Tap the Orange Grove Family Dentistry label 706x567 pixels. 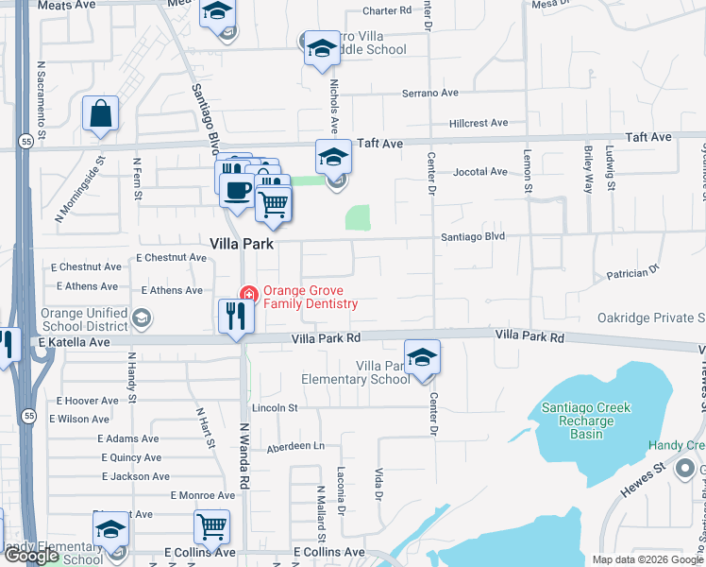click(x=310, y=298)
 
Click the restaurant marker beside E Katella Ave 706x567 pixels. click(x=236, y=316)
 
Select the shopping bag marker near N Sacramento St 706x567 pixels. click(x=100, y=114)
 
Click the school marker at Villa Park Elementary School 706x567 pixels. click(x=422, y=357)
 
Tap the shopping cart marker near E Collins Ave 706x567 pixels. click(x=212, y=526)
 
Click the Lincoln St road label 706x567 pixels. click(x=274, y=408)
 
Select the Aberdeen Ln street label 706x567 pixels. click(x=294, y=446)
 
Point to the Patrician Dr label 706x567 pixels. click(x=631, y=272)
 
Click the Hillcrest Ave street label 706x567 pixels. click(x=479, y=123)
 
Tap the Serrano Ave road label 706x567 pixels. click(x=429, y=94)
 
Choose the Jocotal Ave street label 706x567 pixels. click(x=480, y=172)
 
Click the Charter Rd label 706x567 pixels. click(x=388, y=11)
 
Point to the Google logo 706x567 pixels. click(x=32, y=557)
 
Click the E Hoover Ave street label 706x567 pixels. click(x=88, y=401)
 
